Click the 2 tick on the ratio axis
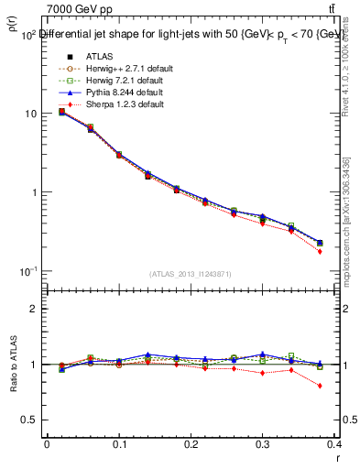coord(32,309)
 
